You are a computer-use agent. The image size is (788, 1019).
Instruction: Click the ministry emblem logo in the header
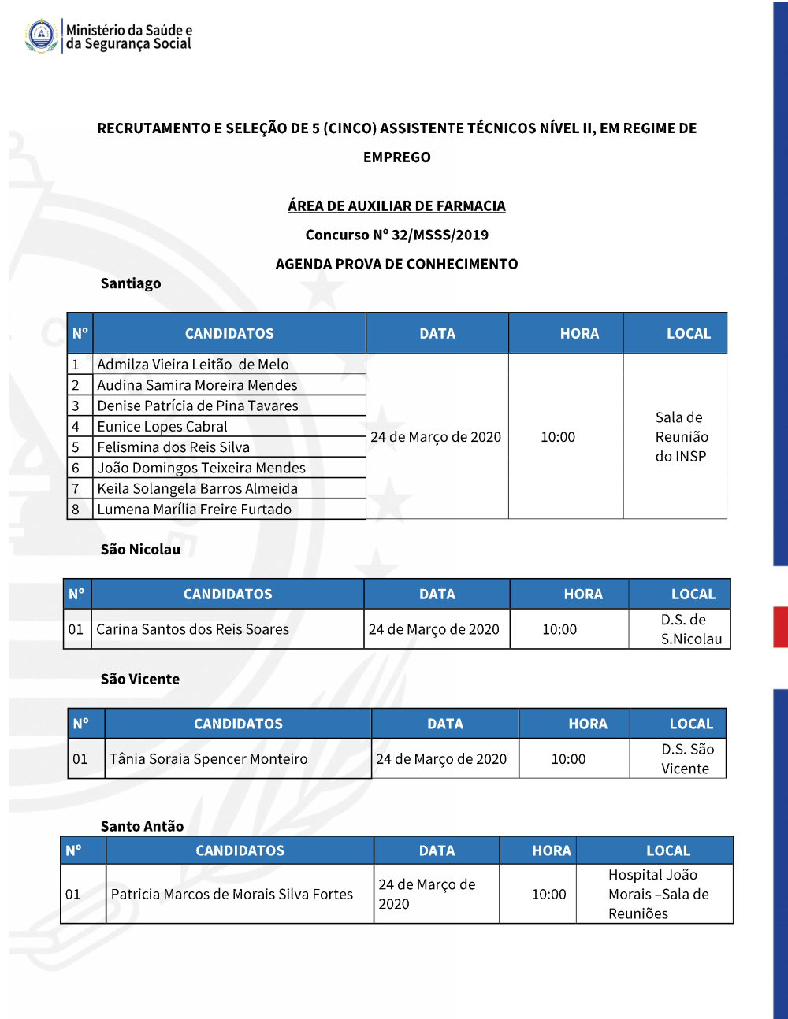41,35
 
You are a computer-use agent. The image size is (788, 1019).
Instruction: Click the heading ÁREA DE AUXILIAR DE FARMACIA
396,206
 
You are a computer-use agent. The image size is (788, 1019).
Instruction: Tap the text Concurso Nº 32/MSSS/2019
396,235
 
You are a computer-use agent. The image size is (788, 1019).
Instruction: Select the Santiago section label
131,283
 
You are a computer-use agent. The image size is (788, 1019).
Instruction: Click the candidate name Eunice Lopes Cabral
162,427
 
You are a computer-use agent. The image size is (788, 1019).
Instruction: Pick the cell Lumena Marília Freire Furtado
195,509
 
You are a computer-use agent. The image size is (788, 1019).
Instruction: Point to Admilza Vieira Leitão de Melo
193,365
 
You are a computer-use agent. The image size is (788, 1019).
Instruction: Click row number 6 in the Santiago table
76,468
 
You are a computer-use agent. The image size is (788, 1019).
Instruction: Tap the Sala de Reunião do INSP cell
681,437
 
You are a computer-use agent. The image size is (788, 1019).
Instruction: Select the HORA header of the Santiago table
579,334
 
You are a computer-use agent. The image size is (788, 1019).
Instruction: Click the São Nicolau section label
140,550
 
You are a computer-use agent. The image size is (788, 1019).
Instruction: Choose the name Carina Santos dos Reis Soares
193,630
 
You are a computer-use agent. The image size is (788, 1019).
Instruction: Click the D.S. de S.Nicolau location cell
690,629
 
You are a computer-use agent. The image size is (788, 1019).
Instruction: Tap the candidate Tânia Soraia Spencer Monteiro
209,759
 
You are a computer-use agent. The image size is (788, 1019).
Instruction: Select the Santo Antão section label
142,826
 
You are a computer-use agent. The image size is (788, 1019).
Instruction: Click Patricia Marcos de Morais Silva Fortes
232,895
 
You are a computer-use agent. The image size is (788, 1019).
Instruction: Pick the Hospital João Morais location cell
658,894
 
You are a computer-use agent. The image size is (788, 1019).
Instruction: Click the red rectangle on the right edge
780,627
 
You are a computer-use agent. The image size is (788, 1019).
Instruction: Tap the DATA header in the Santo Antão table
437,851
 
